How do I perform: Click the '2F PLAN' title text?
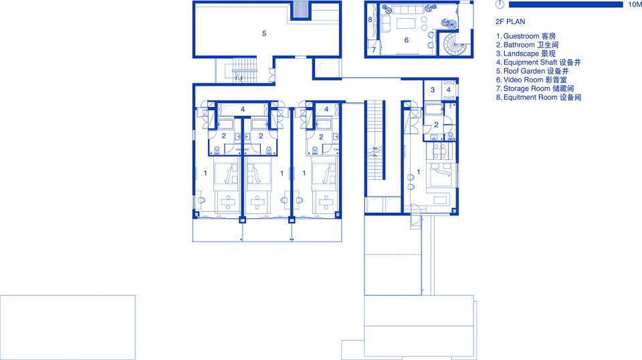(510, 21)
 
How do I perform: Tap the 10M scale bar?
(566, 5)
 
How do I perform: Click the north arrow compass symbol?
(500, 5)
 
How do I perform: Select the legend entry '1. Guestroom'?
(526, 36)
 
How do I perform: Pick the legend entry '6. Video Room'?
(532, 80)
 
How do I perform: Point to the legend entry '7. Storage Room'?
(535, 88)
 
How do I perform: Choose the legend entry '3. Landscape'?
(526, 54)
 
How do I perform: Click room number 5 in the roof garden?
(264, 33)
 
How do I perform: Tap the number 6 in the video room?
(406, 40)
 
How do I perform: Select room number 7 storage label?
(374, 50)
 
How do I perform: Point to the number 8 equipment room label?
(370, 19)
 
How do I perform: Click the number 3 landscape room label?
(433, 90)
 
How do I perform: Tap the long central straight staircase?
(374, 141)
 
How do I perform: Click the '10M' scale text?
(635, 5)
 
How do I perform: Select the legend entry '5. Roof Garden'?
(532, 71)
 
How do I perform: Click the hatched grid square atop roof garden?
(301, 10)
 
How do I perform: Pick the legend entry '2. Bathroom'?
(527, 45)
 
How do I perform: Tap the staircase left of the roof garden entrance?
(245, 70)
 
